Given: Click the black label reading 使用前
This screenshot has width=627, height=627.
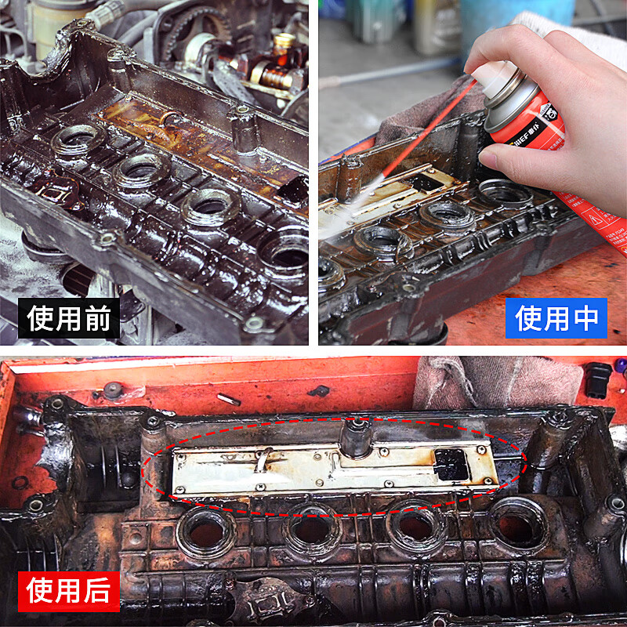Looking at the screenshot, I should pyautogui.click(x=69, y=318).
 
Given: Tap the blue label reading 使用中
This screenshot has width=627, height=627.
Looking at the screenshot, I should pyautogui.click(x=556, y=318).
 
